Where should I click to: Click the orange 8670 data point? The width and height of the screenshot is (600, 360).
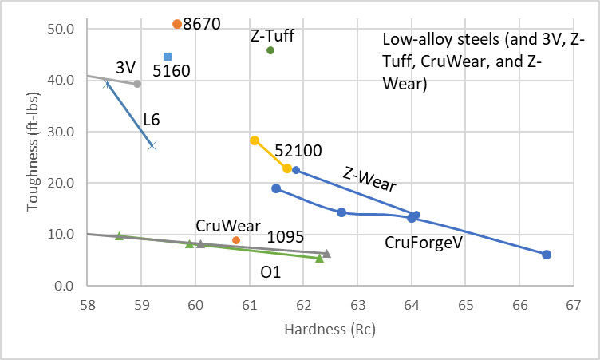(177, 24)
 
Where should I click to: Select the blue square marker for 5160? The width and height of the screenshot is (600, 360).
(168, 57)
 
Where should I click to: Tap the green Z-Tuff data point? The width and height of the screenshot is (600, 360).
(270, 50)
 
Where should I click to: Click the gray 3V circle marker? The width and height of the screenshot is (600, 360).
(137, 84)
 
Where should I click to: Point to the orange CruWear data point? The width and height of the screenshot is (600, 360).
(236, 240)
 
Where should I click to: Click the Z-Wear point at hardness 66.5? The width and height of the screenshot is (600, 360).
(547, 255)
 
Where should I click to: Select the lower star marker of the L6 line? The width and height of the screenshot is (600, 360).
(152, 145)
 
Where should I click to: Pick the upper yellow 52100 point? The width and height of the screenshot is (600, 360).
(255, 140)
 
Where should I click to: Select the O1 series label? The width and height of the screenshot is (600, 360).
(270, 272)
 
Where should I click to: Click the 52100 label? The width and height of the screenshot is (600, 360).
(297, 150)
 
